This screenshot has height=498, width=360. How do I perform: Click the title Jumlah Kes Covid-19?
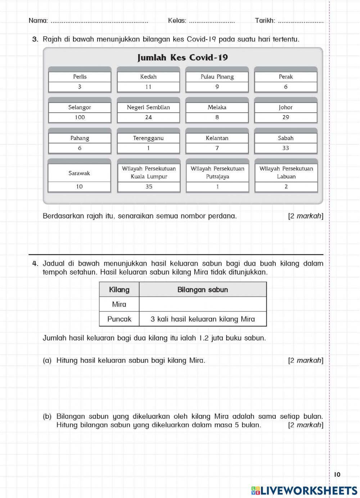[x=183, y=58]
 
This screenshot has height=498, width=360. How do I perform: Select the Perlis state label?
[x=80, y=77]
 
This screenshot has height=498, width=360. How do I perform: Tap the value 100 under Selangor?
[x=80, y=117]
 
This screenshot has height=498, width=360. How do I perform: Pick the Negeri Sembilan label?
[x=148, y=107]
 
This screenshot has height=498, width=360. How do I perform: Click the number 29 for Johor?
[x=286, y=117]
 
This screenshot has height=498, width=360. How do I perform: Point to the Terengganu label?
[x=148, y=138]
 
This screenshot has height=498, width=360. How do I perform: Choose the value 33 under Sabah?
[x=286, y=148]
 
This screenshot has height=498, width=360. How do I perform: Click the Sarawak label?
[x=79, y=173]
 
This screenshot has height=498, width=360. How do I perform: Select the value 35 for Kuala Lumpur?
[x=149, y=187]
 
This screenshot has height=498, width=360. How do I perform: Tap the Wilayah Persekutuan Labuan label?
[x=286, y=172]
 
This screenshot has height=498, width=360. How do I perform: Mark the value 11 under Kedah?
[x=148, y=87]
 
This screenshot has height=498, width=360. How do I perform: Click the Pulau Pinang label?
[x=217, y=77]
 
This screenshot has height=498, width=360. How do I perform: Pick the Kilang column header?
[x=119, y=290]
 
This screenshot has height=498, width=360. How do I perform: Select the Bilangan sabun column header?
[x=203, y=290]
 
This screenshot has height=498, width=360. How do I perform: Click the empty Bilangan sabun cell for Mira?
[x=203, y=304]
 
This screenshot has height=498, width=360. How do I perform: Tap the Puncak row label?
[x=119, y=319]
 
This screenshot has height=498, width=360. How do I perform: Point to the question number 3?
[x=35, y=39]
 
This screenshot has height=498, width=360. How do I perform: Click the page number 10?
[x=337, y=475]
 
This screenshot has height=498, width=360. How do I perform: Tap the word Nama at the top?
[x=38, y=21]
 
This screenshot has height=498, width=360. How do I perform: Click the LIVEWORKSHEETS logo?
[x=304, y=490]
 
